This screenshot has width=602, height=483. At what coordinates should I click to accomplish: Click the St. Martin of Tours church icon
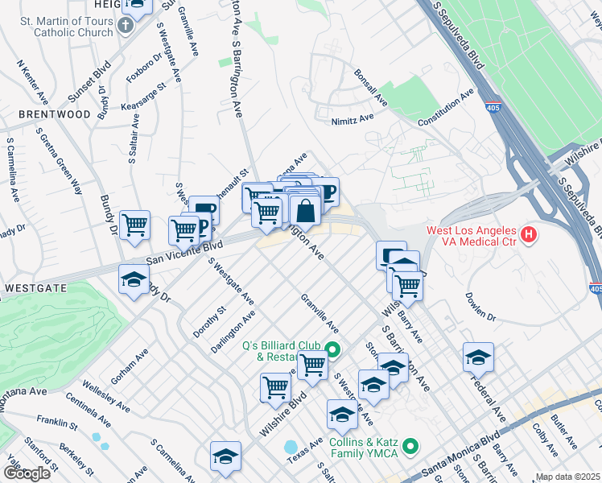click(125, 25)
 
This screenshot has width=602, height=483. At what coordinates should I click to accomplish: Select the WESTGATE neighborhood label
click(33, 287)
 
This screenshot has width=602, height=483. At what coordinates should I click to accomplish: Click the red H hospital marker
click(529, 235)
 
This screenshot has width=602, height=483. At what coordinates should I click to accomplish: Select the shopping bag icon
click(306, 212)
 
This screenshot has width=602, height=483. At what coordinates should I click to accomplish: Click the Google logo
click(27, 474)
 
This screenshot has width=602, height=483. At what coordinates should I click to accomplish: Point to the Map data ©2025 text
click(567, 477)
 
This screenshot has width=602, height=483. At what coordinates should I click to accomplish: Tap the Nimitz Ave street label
click(353, 118)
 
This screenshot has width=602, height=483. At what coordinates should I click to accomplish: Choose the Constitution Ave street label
click(445, 109)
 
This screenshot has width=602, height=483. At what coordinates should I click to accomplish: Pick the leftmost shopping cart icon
click(134, 225)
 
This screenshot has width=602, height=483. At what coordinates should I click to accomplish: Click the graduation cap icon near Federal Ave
click(478, 357)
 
